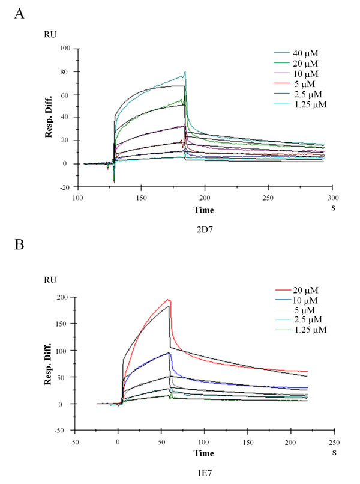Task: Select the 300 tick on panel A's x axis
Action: (333, 198)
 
